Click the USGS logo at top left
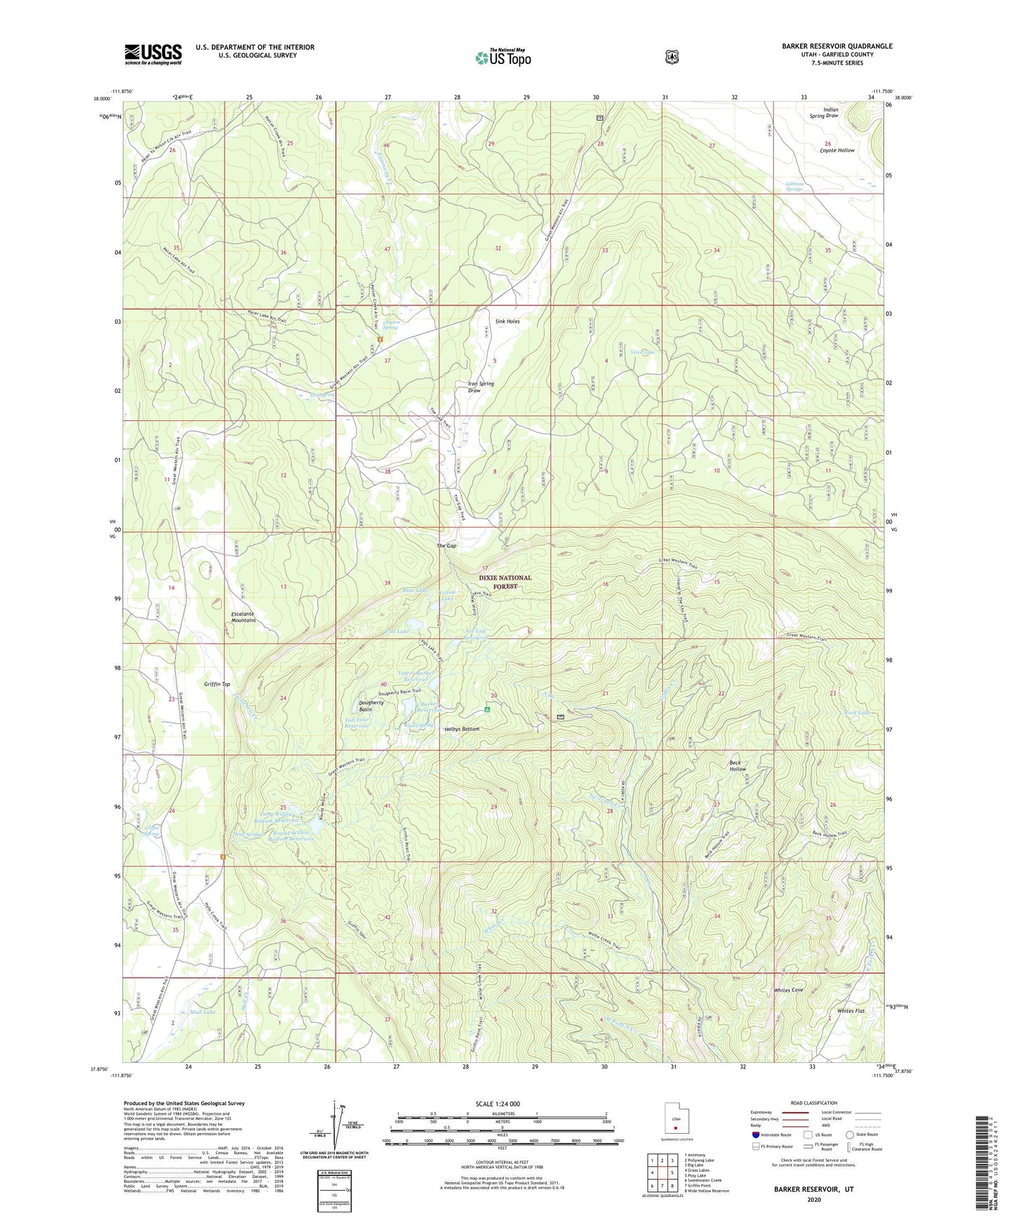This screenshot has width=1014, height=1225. pos(153,54)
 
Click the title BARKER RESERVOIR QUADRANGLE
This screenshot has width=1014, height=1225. pos(836,46)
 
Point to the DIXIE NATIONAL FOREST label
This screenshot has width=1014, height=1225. pos(505,582)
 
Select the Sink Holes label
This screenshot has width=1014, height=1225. pos(507,321)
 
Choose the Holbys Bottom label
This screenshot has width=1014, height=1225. pos(462,730)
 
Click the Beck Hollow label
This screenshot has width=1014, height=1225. pos(738,765)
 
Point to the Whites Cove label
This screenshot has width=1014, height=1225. pos(788,990)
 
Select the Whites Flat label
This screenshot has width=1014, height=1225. pos(850,1011)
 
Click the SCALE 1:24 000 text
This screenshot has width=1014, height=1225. pos(498,1104)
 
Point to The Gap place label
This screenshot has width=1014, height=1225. pos(446,546)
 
